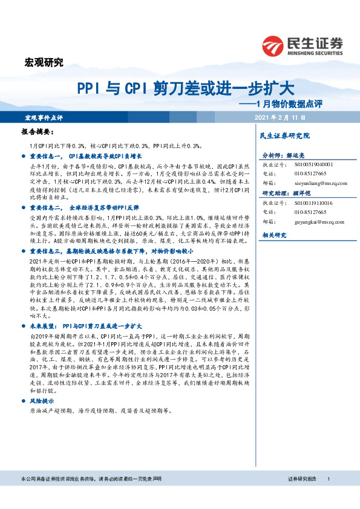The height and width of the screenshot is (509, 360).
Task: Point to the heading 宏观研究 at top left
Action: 43,62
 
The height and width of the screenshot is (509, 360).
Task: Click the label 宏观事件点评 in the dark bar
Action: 43,116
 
